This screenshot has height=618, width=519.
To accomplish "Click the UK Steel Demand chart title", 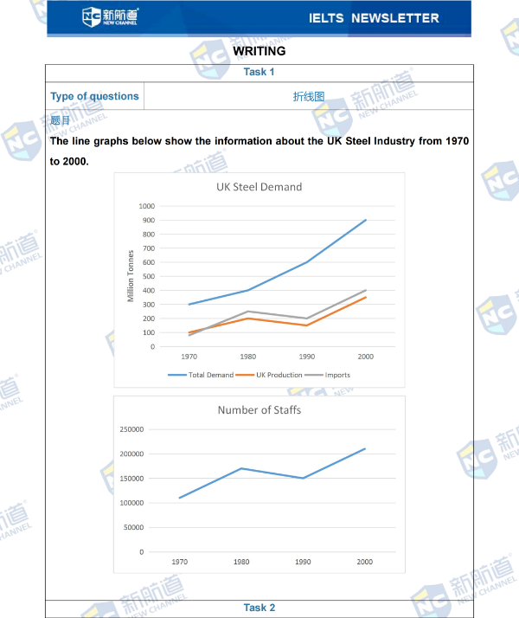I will tap(259, 187).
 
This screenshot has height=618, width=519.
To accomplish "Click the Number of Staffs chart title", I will tap(259, 409).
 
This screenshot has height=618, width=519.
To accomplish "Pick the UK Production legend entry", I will tap(271, 375).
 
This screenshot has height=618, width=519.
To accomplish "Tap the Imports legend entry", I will tap(332, 375).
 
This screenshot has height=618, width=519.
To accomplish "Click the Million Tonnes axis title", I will tap(131, 276).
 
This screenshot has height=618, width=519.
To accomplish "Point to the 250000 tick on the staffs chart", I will tap(133, 429).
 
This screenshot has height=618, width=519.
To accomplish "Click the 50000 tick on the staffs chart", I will tap(136, 527).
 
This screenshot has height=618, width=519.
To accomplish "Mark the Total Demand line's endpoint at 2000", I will tap(366, 220).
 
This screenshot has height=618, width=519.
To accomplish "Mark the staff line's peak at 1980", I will tap(241, 468).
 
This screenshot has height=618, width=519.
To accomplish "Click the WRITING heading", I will tap(259, 51).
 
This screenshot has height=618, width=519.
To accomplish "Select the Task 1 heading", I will tap(259, 72).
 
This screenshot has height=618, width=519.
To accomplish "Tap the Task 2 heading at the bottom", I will tap(259, 608).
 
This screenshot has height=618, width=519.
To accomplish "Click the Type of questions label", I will tap(94, 96).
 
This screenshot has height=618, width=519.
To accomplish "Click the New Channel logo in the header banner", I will tap(109, 16).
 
